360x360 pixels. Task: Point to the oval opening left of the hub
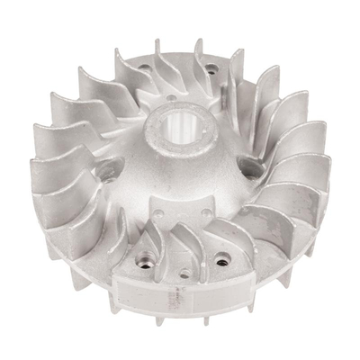coord(112,167)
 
